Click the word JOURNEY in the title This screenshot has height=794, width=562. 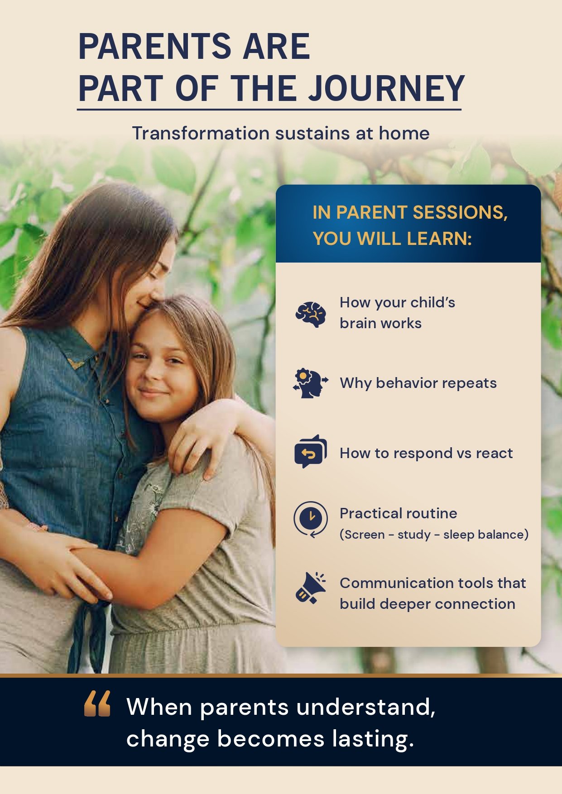click(386, 88)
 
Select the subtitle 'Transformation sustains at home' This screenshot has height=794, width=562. click(281, 134)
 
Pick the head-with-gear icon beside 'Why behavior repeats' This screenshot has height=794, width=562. click(311, 383)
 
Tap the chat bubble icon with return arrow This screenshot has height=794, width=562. click(311, 452)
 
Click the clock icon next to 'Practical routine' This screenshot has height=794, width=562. click(311, 519)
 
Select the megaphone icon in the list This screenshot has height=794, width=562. click(311, 588)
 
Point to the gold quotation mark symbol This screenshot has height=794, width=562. click(97, 703)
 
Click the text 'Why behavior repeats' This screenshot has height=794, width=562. click(418, 383)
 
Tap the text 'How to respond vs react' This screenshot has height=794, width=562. click(426, 453)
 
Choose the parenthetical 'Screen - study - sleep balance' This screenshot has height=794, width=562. click(434, 535)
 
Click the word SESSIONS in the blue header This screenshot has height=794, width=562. click(458, 212)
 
